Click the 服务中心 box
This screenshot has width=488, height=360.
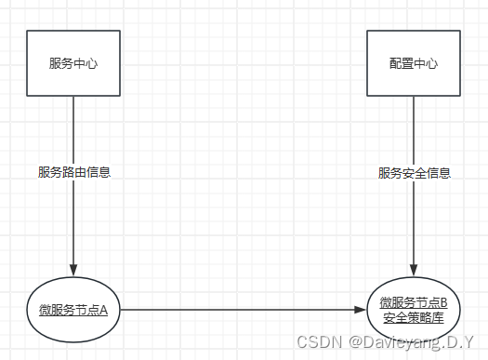(73, 63)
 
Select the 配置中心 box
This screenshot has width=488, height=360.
(413, 63)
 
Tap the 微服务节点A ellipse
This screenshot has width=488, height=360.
(73, 309)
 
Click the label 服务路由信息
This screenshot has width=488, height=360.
(73, 172)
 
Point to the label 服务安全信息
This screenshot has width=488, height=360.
(414, 172)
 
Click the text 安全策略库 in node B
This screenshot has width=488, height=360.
(414, 318)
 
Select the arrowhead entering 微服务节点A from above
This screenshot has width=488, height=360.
(73, 270)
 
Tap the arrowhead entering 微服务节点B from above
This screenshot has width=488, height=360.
(414, 271)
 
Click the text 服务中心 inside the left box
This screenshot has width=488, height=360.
(73, 64)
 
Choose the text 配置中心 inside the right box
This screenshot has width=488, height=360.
(414, 64)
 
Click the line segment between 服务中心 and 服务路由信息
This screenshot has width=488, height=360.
(73, 128)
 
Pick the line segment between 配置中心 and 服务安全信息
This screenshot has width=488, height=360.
(414, 128)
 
